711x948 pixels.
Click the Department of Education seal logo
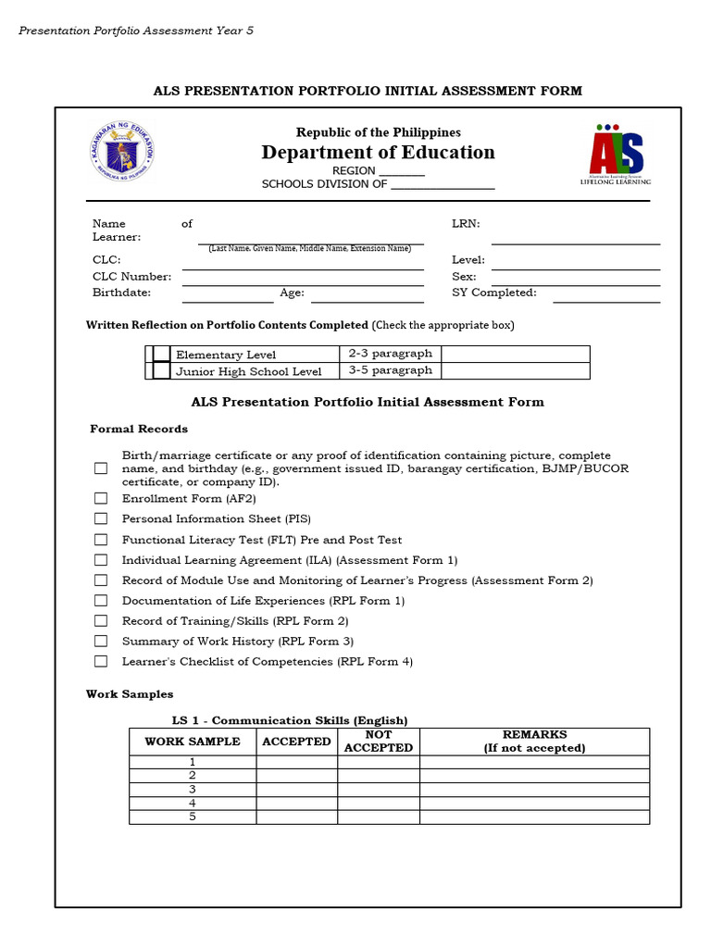123,151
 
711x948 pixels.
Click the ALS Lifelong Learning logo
616,154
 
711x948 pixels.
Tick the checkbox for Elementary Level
162,354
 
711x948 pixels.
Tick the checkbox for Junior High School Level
162,370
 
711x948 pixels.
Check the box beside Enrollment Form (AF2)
101,498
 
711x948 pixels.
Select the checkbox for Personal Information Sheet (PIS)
101,518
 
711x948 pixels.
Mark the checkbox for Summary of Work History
101,641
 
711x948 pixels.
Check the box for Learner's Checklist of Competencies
101,661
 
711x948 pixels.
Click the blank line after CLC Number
303,281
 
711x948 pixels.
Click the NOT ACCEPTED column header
378,742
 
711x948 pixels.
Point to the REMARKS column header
534,742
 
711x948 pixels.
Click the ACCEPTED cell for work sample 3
296,790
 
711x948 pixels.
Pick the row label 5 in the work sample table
193,817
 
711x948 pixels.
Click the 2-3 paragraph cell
390,354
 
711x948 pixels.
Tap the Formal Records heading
139,429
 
